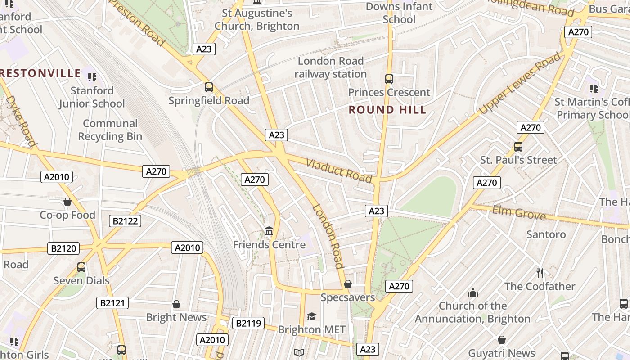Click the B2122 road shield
click(x=125, y=221)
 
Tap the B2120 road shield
click(x=63, y=248)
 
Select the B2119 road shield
click(x=248, y=323)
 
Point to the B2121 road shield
click(x=112, y=303)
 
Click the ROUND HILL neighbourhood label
click(x=387, y=110)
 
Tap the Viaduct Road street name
click(x=339, y=171)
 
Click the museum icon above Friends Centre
click(x=269, y=231)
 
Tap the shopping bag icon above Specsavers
click(x=347, y=284)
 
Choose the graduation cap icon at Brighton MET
click(x=311, y=316)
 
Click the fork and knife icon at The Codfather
click(x=540, y=273)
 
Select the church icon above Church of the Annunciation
click(x=472, y=293)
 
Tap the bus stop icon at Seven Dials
click(x=81, y=267)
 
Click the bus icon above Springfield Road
click(x=208, y=87)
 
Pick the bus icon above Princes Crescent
click(x=389, y=79)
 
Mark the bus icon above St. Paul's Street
click(x=518, y=146)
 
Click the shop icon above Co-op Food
click(x=67, y=202)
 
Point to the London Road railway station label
click(x=331, y=67)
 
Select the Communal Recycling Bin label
click(x=110, y=130)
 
